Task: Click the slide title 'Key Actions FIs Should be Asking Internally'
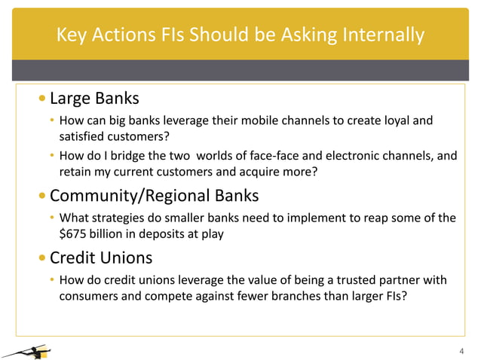(240, 35)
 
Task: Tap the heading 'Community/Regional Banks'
(154, 197)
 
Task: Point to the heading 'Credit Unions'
(101, 258)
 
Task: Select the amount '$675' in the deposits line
(73, 233)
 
